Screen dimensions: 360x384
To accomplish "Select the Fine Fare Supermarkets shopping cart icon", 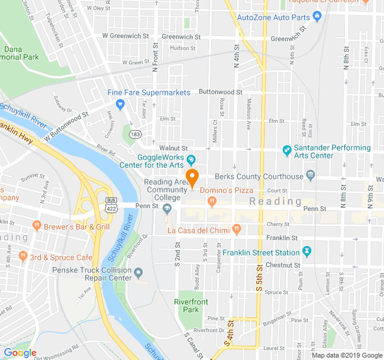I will (x=120, y=104).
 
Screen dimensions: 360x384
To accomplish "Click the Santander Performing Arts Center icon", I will (x=287, y=149).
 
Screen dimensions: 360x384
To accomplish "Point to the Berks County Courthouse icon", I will (x=310, y=176).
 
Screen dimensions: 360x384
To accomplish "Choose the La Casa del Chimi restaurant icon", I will (x=236, y=229).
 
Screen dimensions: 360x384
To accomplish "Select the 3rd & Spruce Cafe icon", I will (x=23, y=256).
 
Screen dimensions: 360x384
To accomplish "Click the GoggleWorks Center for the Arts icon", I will (x=191, y=160).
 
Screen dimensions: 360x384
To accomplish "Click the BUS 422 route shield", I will (x=110, y=204).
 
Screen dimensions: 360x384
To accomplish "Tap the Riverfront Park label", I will (x=187, y=305).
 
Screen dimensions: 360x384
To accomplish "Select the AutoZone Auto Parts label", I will (x=273, y=17).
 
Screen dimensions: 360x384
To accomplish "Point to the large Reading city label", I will (x=275, y=201).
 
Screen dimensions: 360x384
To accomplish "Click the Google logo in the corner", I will (x=20, y=353).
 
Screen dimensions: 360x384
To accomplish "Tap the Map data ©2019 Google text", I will (x=346, y=355).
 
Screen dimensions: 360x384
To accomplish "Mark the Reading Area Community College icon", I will (x=167, y=208).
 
